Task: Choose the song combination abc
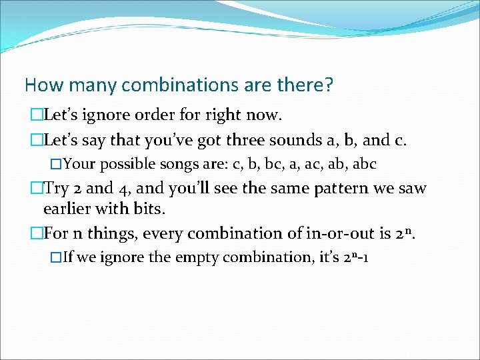click(364, 163)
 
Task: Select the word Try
click(57, 189)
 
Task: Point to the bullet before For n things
click(36, 234)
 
